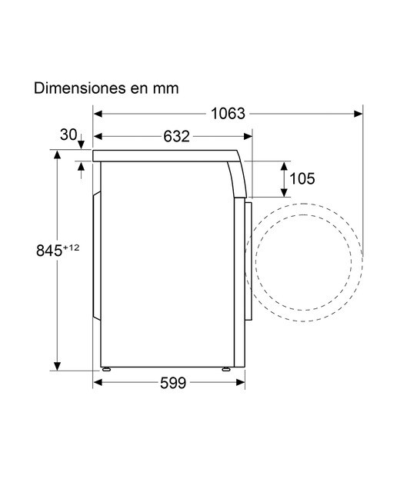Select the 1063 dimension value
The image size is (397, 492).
pos(228,113)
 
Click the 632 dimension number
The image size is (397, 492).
pos(176,136)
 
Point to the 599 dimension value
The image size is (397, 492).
pos(173,383)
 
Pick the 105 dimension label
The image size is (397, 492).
pos(302,179)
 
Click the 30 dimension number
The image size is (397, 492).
pos(68,135)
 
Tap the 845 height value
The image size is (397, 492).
pos(49,251)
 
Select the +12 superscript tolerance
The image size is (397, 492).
pos(72,248)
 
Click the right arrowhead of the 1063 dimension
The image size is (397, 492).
pos(358,114)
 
